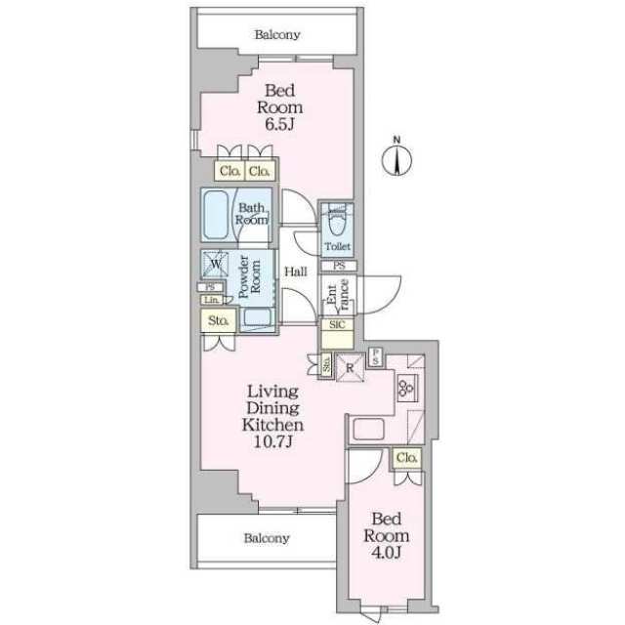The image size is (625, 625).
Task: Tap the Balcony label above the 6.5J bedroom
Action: [x=277, y=35]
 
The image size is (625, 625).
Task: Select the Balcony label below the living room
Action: [x=267, y=538]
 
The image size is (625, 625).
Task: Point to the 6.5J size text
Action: [x=281, y=125]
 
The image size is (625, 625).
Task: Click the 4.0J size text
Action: [x=382, y=554]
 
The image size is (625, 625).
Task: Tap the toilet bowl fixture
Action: [x=337, y=219]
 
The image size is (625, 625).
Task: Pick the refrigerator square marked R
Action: [x=350, y=368]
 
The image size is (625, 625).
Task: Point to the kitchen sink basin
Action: [x=371, y=428]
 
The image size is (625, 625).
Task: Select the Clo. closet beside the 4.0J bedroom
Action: [x=407, y=458]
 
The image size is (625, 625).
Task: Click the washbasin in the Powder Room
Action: [x=258, y=316]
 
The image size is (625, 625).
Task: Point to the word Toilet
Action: [x=338, y=247]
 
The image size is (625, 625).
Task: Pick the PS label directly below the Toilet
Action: [x=339, y=266]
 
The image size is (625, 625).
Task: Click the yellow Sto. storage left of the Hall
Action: [x=217, y=319]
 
